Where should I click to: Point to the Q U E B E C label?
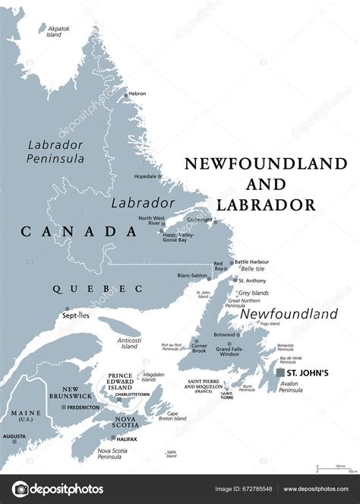click(x=97, y=289)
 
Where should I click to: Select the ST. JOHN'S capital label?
click(x=308, y=373)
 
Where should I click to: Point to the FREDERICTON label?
click(x=83, y=407)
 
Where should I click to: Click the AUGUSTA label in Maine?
click(x=14, y=437)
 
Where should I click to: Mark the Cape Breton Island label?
click(x=174, y=417)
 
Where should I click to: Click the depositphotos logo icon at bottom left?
click(x=21, y=489)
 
